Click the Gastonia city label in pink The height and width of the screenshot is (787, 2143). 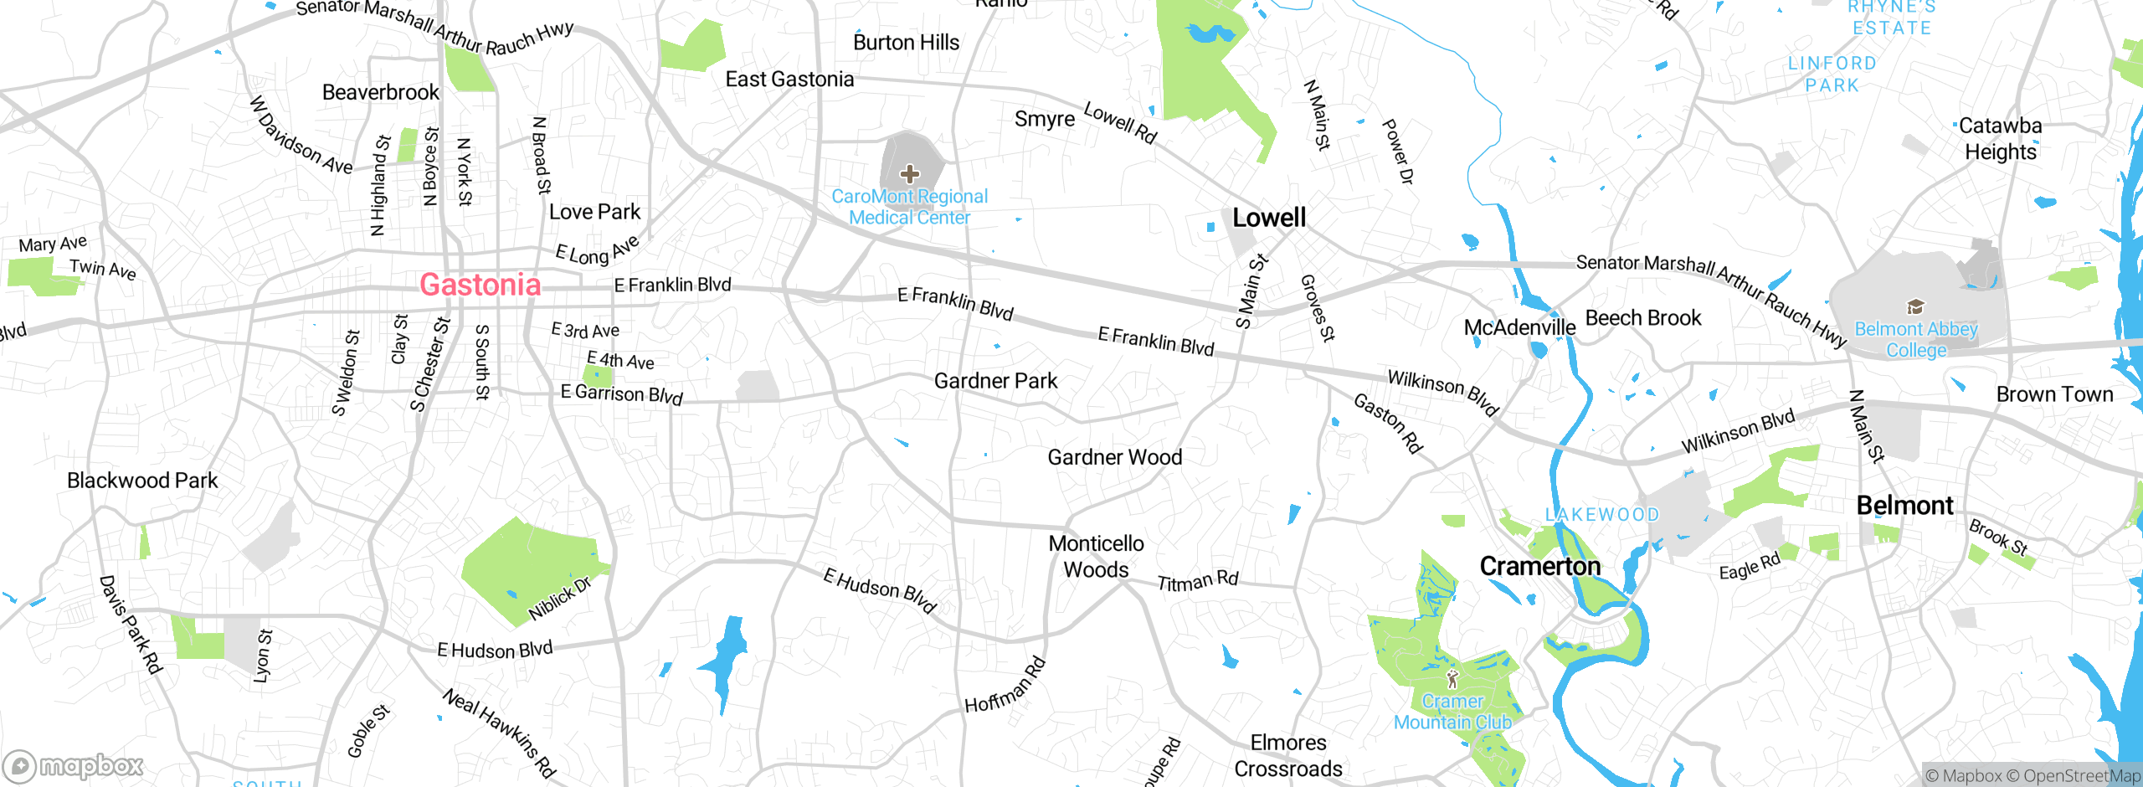click(x=480, y=285)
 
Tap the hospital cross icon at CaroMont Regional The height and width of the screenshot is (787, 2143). click(x=909, y=174)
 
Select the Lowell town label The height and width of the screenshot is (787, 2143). click(x=1268, y=218)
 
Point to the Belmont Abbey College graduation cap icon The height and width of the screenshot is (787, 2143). click(x=1915, y=306)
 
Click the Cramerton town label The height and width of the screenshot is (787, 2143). click(x=1539, y=567)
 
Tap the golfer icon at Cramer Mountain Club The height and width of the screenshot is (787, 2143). click(x=1452, y=678)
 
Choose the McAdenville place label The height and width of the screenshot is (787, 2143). click(x=1519, y=327)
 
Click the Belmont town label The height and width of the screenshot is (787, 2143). click(x=1904, y=506)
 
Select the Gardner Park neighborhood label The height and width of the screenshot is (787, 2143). click(x=995, y=381)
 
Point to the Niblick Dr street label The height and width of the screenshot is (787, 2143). click(x=559, y=599)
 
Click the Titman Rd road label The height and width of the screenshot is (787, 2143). click(x=1197, y=580)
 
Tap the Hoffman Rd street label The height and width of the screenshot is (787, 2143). click(x=1005, y=686)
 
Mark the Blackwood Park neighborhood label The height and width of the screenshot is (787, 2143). click(x=142, y=481)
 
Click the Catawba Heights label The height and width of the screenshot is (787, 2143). click(x=2000, y=139)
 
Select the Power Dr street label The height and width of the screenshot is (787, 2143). click(x=1397, y=152)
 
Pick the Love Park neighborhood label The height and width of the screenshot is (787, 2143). click(x=594, y=212)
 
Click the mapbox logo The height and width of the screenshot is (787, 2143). click(x=74, y=765)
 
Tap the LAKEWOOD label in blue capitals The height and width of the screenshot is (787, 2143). click(x=1601, y=515)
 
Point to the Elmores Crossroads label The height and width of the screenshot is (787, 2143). click(x=1287, y=755)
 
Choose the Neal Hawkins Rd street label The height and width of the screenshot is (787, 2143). click(x=499, y=733)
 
